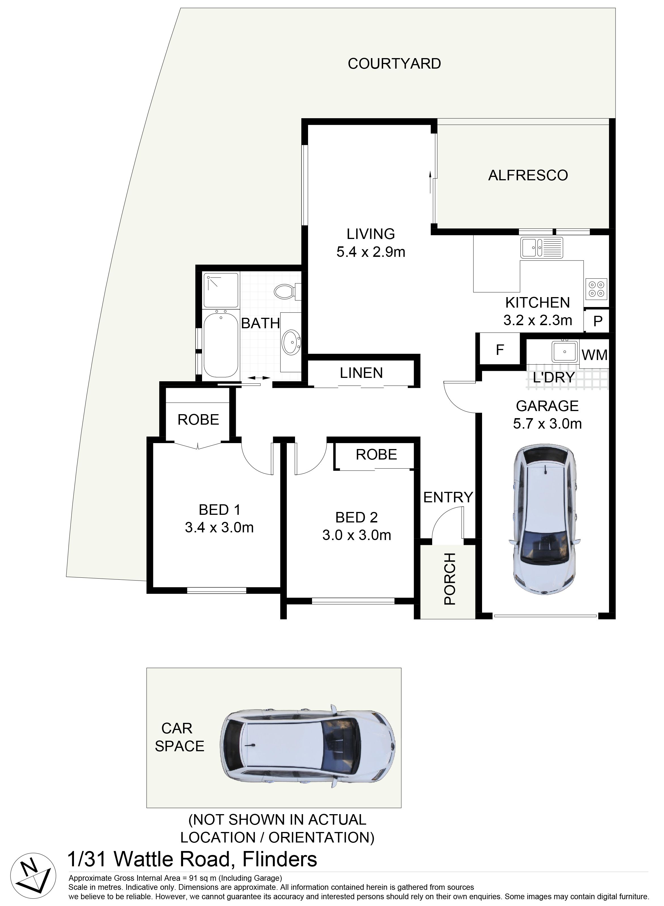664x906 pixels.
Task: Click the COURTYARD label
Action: point(394,63)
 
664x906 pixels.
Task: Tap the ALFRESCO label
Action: point(528,175)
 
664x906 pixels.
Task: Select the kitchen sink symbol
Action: point(541,247)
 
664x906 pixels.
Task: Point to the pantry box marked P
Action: point(598,321)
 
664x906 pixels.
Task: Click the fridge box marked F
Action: point(500,350)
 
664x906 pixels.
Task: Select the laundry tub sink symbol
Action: point(564,351)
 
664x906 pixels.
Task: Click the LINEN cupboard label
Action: point(361,373)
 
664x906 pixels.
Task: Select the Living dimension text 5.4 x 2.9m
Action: point(371,252)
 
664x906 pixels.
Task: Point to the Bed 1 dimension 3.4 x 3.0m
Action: point(219,527)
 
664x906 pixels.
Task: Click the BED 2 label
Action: point(357,517)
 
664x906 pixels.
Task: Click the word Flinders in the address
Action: point(280,860)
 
